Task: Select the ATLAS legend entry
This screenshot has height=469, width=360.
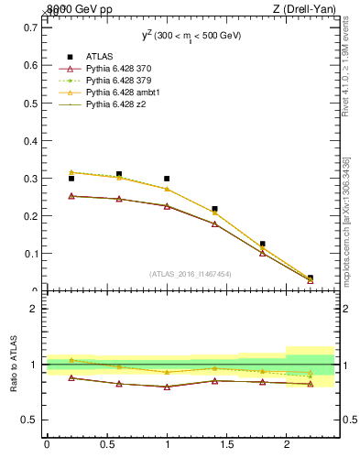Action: (x=100, y=57)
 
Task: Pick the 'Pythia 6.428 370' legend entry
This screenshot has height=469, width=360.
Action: (x=118, y=69)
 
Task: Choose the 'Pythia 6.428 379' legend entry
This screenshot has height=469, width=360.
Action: (x=118, y=81)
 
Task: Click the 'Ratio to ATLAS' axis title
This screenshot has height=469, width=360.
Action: (x=15, y=364)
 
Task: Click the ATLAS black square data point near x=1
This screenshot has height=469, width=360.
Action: (x=167, y=180)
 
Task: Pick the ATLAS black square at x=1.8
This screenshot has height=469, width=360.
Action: (x=263, y=245)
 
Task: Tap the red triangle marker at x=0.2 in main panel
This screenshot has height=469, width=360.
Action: (x=71, y=196)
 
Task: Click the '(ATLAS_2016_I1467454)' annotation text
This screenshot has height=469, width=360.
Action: (x=191, y=274)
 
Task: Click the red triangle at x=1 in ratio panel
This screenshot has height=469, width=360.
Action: (x=167, y=387)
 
